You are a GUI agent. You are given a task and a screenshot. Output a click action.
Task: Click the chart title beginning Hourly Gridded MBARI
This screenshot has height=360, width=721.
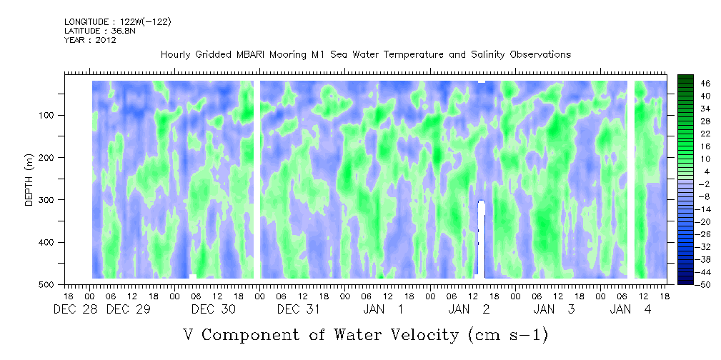click(x=366, y=54)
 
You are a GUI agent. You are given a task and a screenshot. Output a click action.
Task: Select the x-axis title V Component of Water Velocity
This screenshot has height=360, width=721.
click(x=365, y=334)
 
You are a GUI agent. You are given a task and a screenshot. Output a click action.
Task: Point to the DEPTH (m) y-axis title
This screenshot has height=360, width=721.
click(x=29, y=183)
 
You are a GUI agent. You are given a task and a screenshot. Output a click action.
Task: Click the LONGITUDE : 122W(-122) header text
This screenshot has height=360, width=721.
click(x=118, y=21)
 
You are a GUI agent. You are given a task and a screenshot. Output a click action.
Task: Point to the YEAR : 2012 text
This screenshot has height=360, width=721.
click(x=90, y=40)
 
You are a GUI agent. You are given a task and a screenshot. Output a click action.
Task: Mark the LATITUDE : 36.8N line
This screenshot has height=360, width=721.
click(x=99, y=31)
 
